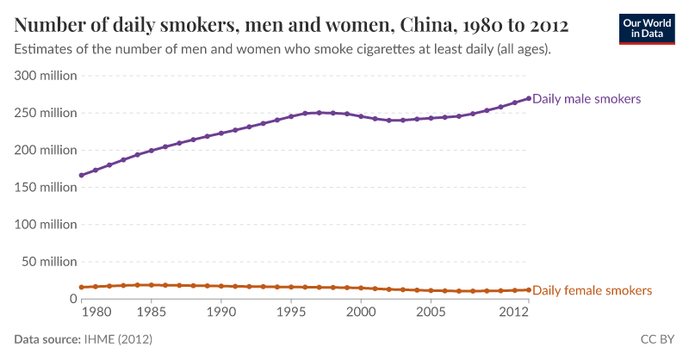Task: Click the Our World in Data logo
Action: click(647, 29)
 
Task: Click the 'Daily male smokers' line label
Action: click(587, 99)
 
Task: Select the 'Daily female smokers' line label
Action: click(593, 290)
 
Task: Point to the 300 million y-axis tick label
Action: click(46, 76)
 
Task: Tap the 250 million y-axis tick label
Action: click(46, 113)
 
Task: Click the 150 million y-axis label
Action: click(46, 187)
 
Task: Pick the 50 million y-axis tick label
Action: click(50, 262)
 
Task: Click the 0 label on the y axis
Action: click(73, 299)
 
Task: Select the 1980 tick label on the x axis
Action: click(96, 312)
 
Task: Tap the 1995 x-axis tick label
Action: click(291, 312)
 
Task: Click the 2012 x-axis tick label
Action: click(513, 312)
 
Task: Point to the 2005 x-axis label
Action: click(431, 312)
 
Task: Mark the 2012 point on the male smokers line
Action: click(529, 98)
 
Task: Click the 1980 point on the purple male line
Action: click(81, 176)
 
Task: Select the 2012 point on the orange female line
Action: click(529, 290)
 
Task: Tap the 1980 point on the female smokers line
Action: click(81, 288)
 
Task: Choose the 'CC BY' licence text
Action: click(657, 339)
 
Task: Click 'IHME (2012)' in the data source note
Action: click(118, 339)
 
